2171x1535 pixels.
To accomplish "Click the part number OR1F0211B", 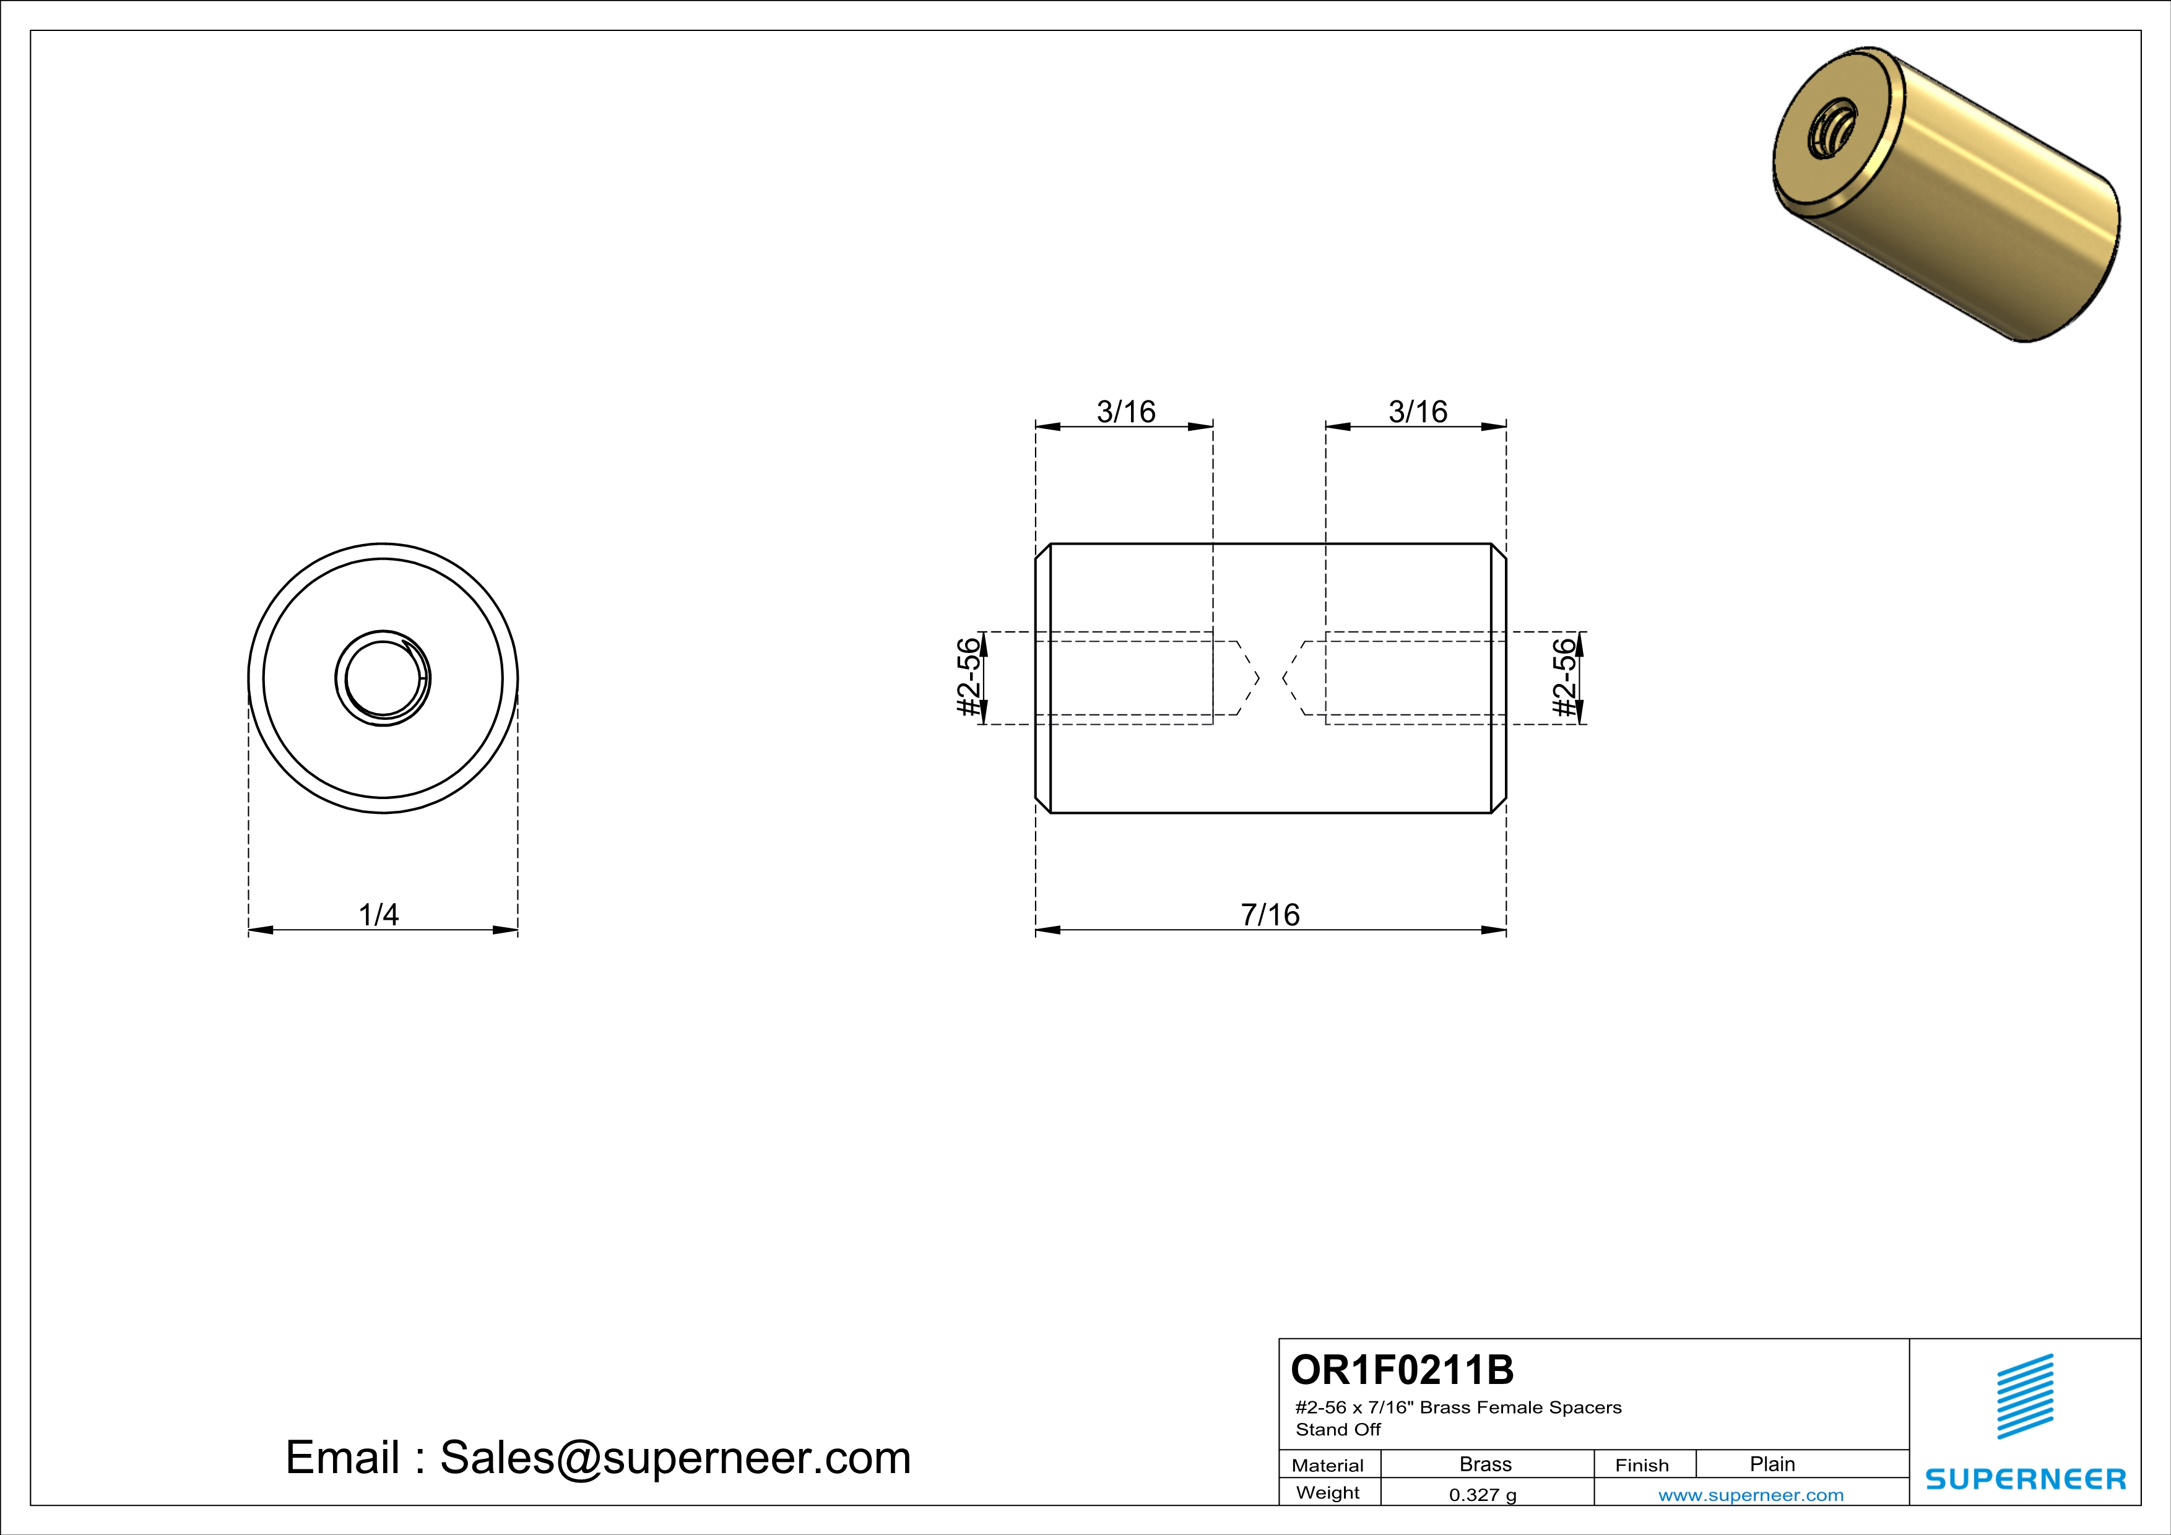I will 1402,1370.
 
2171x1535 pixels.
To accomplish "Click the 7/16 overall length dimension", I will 1270,914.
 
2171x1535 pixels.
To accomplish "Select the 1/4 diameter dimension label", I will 378,914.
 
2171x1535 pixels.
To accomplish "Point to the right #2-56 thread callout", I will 1566,678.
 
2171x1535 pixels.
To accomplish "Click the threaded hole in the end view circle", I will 383,678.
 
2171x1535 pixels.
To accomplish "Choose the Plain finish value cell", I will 1772,1464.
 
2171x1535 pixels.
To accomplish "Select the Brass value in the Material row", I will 1484,1464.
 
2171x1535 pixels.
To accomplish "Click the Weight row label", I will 1328,1492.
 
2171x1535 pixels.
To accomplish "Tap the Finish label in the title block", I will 1642,1465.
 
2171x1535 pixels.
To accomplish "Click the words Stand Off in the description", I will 1338,1430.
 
